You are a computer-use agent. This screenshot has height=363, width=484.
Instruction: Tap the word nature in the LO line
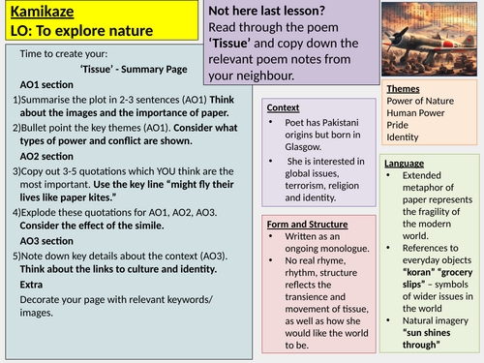107,32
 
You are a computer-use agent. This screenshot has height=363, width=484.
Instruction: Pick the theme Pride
399,124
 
